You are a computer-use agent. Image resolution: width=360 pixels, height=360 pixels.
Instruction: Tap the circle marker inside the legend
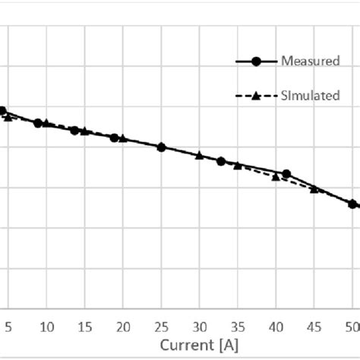[x=256, y=62]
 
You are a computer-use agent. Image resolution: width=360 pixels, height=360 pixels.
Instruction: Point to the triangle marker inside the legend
[x=256, y=96]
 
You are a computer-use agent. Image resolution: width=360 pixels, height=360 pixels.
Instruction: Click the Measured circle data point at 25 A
[x=161, y=147]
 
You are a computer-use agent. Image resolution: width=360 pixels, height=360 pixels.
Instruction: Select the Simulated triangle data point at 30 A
[x=199, y=156]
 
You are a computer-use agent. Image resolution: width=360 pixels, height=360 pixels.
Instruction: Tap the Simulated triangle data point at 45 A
[x=314, y=188]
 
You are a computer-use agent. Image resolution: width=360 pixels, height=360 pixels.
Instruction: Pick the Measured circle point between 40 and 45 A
[x=286, y=174]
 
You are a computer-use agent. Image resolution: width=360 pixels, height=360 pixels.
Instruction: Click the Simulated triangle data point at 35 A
[x=238, y=166]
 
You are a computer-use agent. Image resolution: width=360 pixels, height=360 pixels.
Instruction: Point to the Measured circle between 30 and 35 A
[x=221, y=161]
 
